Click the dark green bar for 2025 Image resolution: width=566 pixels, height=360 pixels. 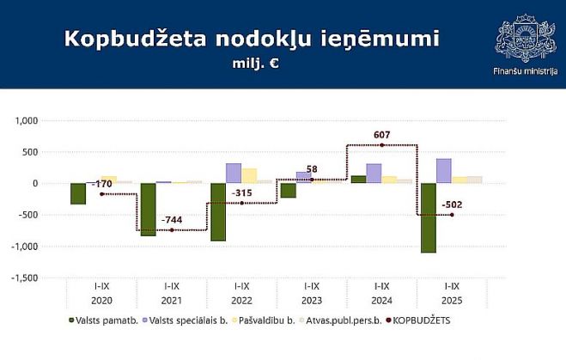(428, 218)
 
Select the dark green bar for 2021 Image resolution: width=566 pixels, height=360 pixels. (148, 209)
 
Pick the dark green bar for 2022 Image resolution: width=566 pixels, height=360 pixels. (218, 211)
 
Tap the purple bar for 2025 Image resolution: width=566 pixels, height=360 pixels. (443, 171)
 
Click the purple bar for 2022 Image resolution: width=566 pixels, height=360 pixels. (234, 173)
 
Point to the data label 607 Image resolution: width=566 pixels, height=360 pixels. (382, 135)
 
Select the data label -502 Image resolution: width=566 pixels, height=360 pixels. (453, 204)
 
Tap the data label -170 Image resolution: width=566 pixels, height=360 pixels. (102, 184)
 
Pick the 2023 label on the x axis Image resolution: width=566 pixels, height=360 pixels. (312, 302)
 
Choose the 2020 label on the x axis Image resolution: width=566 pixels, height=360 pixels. (101, 302)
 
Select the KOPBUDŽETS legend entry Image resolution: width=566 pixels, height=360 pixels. (421, 320)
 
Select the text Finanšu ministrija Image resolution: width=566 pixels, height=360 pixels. (524, 72)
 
